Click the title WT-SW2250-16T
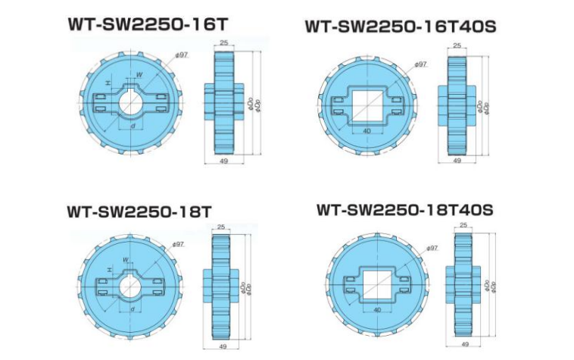click(x=147, y=23)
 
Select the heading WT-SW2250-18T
click(x=139, y=211)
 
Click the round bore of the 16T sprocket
click(x=133, y=102)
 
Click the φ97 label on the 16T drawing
click(x=181, y=55)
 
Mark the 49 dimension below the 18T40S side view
click(x=464, y=344)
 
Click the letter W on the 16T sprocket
click(x=139, y=74)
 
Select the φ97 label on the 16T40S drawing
click(x=421, y=64)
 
